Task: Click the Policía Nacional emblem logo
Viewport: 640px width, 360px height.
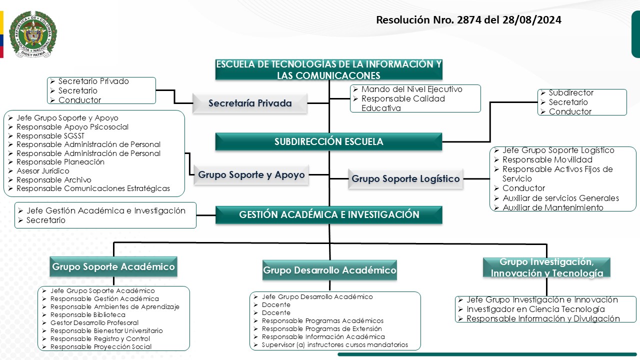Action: tap(33, 34)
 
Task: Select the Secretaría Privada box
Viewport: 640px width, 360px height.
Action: tap(250, 103)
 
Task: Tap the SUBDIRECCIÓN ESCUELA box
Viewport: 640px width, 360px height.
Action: tap(328, 141)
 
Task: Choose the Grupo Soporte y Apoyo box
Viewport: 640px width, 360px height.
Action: tap(251, 175)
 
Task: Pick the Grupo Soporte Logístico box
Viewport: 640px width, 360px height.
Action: tap(405, 178)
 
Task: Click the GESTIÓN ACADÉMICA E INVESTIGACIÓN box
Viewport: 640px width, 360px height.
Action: tap(328, 214)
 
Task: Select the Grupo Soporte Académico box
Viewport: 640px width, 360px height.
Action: tap(113, 266)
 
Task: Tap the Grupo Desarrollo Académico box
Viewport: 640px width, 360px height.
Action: tap(329, 270)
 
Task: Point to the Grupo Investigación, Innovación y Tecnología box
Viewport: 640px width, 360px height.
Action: tap(546, 268)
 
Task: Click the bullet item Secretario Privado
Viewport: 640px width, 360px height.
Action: tap(93, 81)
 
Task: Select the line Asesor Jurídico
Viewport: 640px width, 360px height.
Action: tap(43, 171)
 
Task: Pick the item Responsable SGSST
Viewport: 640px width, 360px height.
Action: tap(50, 136)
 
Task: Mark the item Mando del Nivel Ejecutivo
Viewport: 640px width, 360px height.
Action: tap(411, 89)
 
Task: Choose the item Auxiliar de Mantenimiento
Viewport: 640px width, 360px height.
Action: tap(553, 207)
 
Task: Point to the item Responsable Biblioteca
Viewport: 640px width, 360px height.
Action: tap(88, 315)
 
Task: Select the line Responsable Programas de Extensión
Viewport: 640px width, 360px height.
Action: tap(321, 329)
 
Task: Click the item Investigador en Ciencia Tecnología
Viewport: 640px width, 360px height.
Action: tap(535, 309)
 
